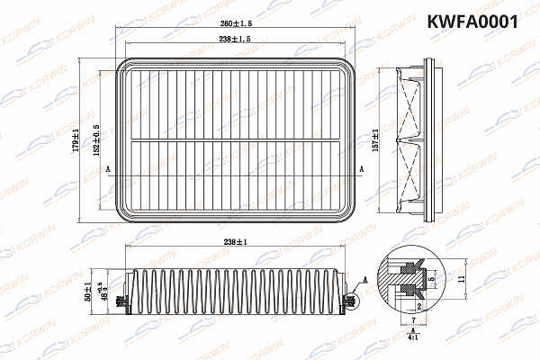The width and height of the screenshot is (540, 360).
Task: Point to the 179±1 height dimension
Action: pyautogui.click(x=77, y=139)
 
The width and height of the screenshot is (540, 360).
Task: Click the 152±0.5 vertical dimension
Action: pyautogui.click(x=95, y=139)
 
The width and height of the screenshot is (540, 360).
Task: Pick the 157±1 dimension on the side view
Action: pyautogui.click(x=375, y=139)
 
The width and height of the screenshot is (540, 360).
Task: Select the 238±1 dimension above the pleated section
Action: pyautogui.click(x=236, y=240)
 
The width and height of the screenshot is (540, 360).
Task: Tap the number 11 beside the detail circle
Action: pyautogui.click(x=461, y=280)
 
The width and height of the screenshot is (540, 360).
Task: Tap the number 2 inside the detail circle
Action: pyautogui.click(x=418, y=307)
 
